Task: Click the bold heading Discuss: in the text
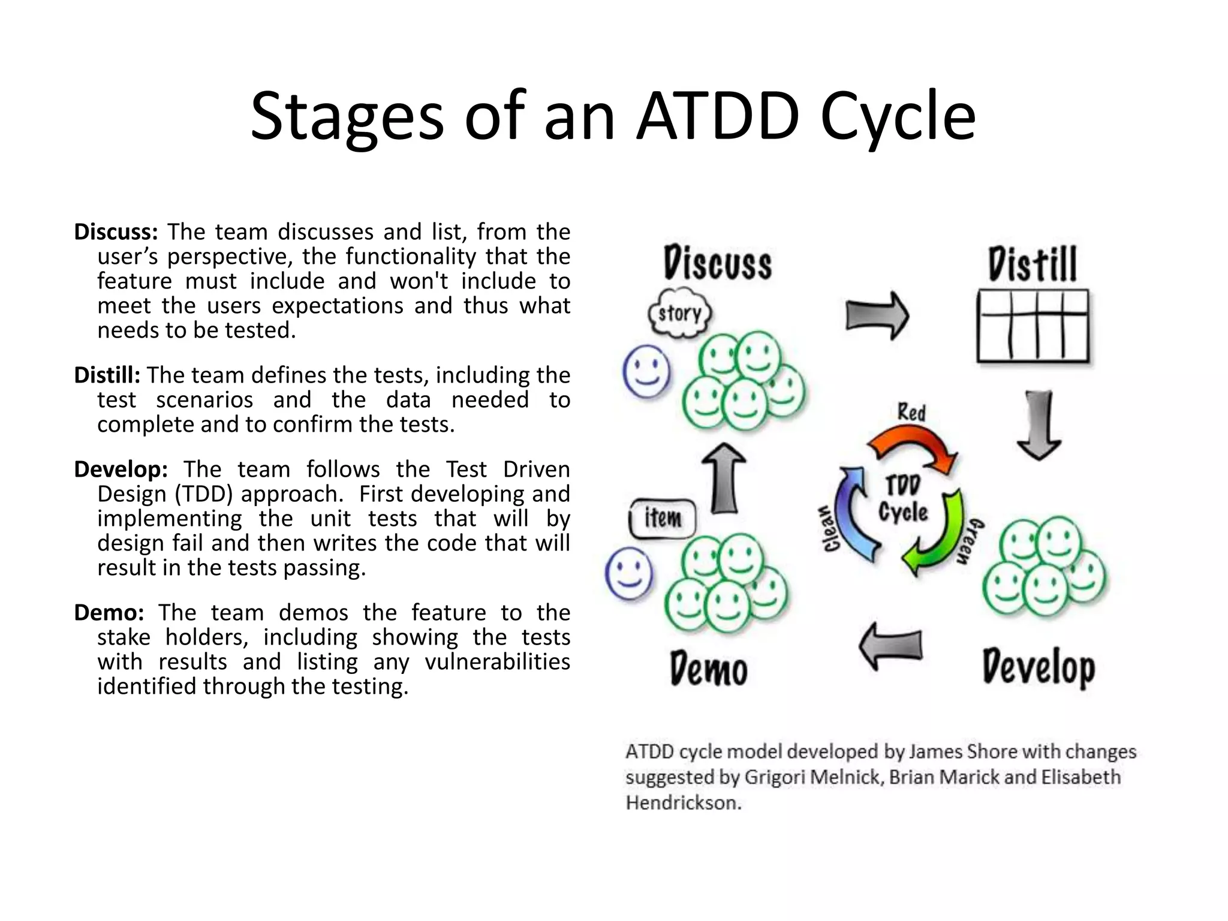(116, 232)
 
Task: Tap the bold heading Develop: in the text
(121, 469)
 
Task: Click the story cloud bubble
(680, 312)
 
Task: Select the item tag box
(663, 517)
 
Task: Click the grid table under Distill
(1033, 326)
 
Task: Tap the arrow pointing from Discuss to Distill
(877, 316)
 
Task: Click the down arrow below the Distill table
(1039, 425)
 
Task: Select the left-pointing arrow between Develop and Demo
(890, 646)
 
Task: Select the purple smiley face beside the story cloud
(646, 372)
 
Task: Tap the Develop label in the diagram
(1039, 667)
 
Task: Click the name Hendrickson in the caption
(684, 803)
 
